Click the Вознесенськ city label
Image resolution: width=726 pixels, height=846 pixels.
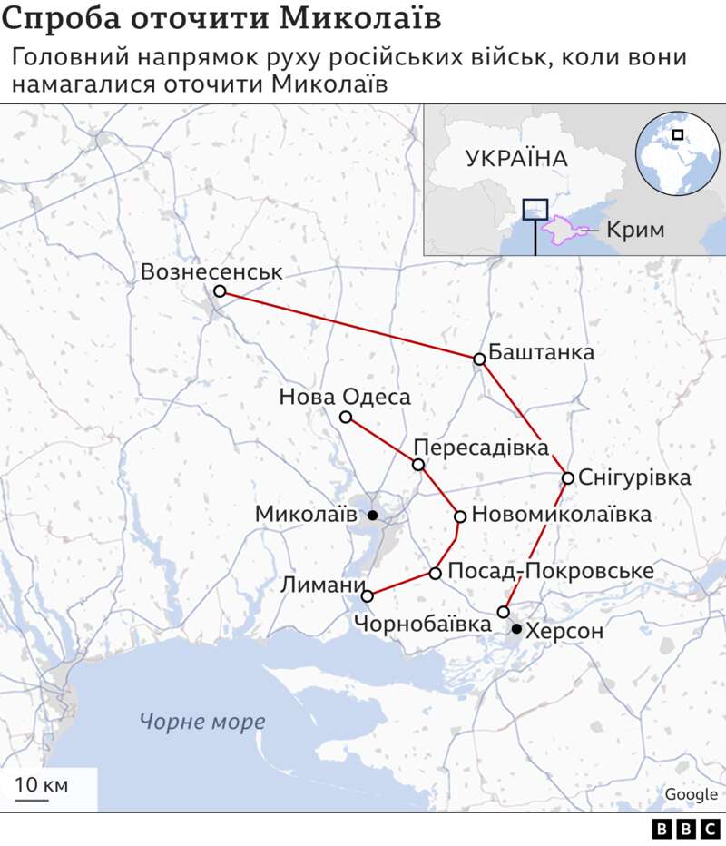pyautogui.click(x=211, y=271)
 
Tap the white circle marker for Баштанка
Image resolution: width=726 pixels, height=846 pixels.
pyautogui.click(x=480, y=359)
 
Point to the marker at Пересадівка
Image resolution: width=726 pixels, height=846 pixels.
pyautogui.click(x=418, y=465)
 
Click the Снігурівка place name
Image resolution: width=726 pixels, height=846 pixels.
pyautogui.click(x=634, y=477)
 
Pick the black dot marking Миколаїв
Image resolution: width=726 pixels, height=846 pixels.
pyautogui.click(x=372, y=516)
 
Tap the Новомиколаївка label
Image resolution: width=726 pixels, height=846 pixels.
pyautogui.click(x=562, y=515)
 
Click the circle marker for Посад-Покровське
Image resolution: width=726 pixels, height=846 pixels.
pyautogui.click(x=436, y=573)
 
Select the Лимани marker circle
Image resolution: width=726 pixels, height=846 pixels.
pyautogui.click(x=368, y=596)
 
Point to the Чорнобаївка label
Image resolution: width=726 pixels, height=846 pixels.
pyautogui.click(x=423, y=624)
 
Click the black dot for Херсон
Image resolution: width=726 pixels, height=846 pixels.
pyautogui.click(x=516, y=629)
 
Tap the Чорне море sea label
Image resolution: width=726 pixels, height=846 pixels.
pyautogui.click(x=202, y=723)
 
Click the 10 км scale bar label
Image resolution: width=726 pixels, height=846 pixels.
pyautogui.click(x=41, y=784)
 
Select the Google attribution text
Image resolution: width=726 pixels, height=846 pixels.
pyautogui.click(x=691, y=794)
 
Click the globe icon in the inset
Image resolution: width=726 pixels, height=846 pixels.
pyautogui.click(x=676, y=152)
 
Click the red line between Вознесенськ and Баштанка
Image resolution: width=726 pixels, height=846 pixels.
pyautogui.click(x=349, y=325)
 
